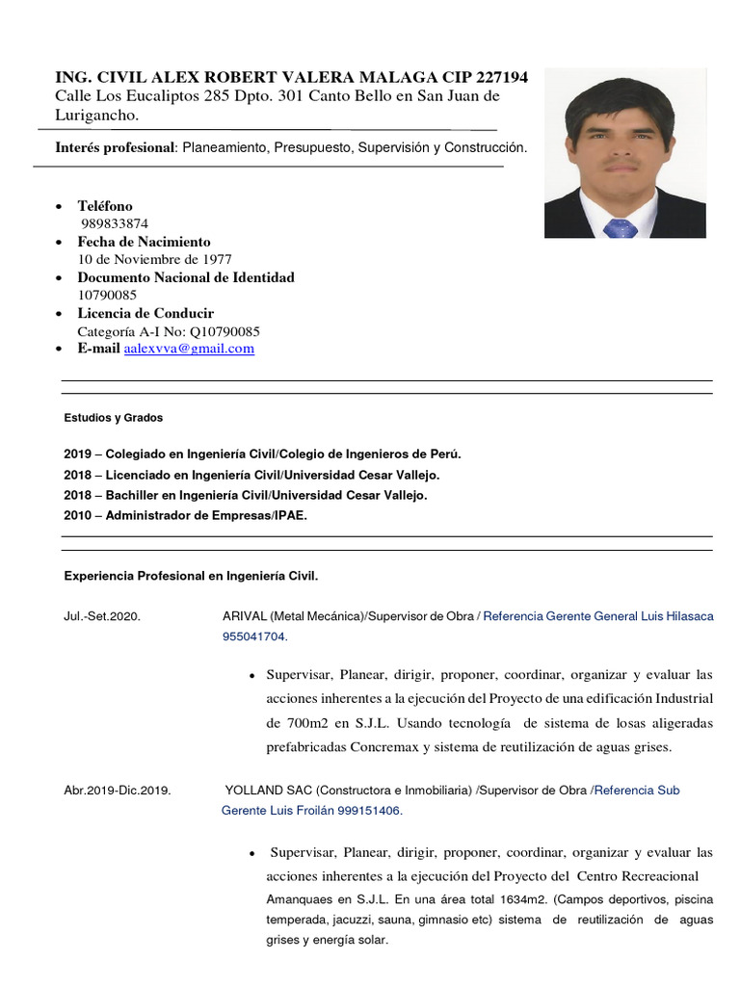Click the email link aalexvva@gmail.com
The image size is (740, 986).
(189, 349)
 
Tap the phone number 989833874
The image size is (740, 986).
(115, 223)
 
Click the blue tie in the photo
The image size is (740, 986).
(620, 228)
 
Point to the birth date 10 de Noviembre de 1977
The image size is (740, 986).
(154, 259)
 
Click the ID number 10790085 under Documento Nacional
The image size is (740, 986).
(107, 295)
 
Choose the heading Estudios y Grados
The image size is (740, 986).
(114, 418)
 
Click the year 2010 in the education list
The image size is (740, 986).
(77, 515)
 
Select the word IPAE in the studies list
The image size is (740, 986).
(288, 515)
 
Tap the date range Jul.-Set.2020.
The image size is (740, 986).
(102, 616)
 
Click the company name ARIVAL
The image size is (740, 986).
(245, 616)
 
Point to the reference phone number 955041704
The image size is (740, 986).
(253, 636)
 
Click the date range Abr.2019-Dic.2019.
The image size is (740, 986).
(118, 791)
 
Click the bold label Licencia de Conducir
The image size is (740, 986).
(145, 313)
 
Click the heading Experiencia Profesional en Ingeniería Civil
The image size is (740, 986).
(191, 576)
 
